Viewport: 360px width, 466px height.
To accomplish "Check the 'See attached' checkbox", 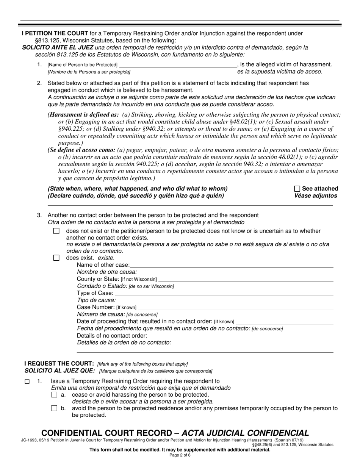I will pyautogui.click(x=297, y=189).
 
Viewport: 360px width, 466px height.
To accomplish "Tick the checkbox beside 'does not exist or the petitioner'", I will pyautogui.click(x=56, y=231).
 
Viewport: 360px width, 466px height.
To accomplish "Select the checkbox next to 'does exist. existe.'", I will pyautogui.click(x=56, y=258).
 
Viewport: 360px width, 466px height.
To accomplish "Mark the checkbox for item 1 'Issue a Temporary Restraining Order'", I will pyautogui.click(x=27, y=382).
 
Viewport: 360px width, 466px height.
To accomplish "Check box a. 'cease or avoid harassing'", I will pyautogui.click(x=54, y=395).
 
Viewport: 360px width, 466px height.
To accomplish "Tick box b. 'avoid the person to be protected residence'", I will pyautogui.click(x=54, y=408).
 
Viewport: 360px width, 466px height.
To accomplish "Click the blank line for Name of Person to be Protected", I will pyautogui.click(x=177, y=64).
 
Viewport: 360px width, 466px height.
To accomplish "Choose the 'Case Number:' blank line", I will pyautogui.click(x=235, y=307).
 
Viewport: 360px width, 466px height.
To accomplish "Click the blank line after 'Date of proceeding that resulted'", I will pyautogui.click(x=284, y=321).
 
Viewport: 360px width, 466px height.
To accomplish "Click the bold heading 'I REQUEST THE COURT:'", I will pyautogui.click(x=59, y=364).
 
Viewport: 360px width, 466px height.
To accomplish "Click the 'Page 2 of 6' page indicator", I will pyautogui.click(x=180, y=455).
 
